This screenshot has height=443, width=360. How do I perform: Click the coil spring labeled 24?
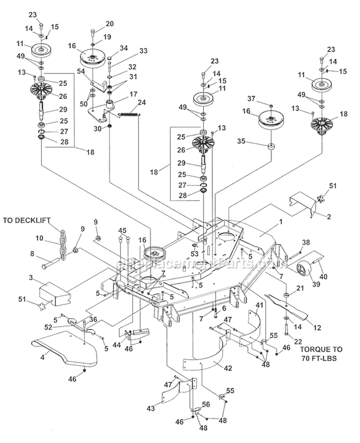pos(128,113)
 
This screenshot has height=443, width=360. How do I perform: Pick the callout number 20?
pos(109,24)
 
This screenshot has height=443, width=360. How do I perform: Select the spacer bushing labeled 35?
pos(272,146)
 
